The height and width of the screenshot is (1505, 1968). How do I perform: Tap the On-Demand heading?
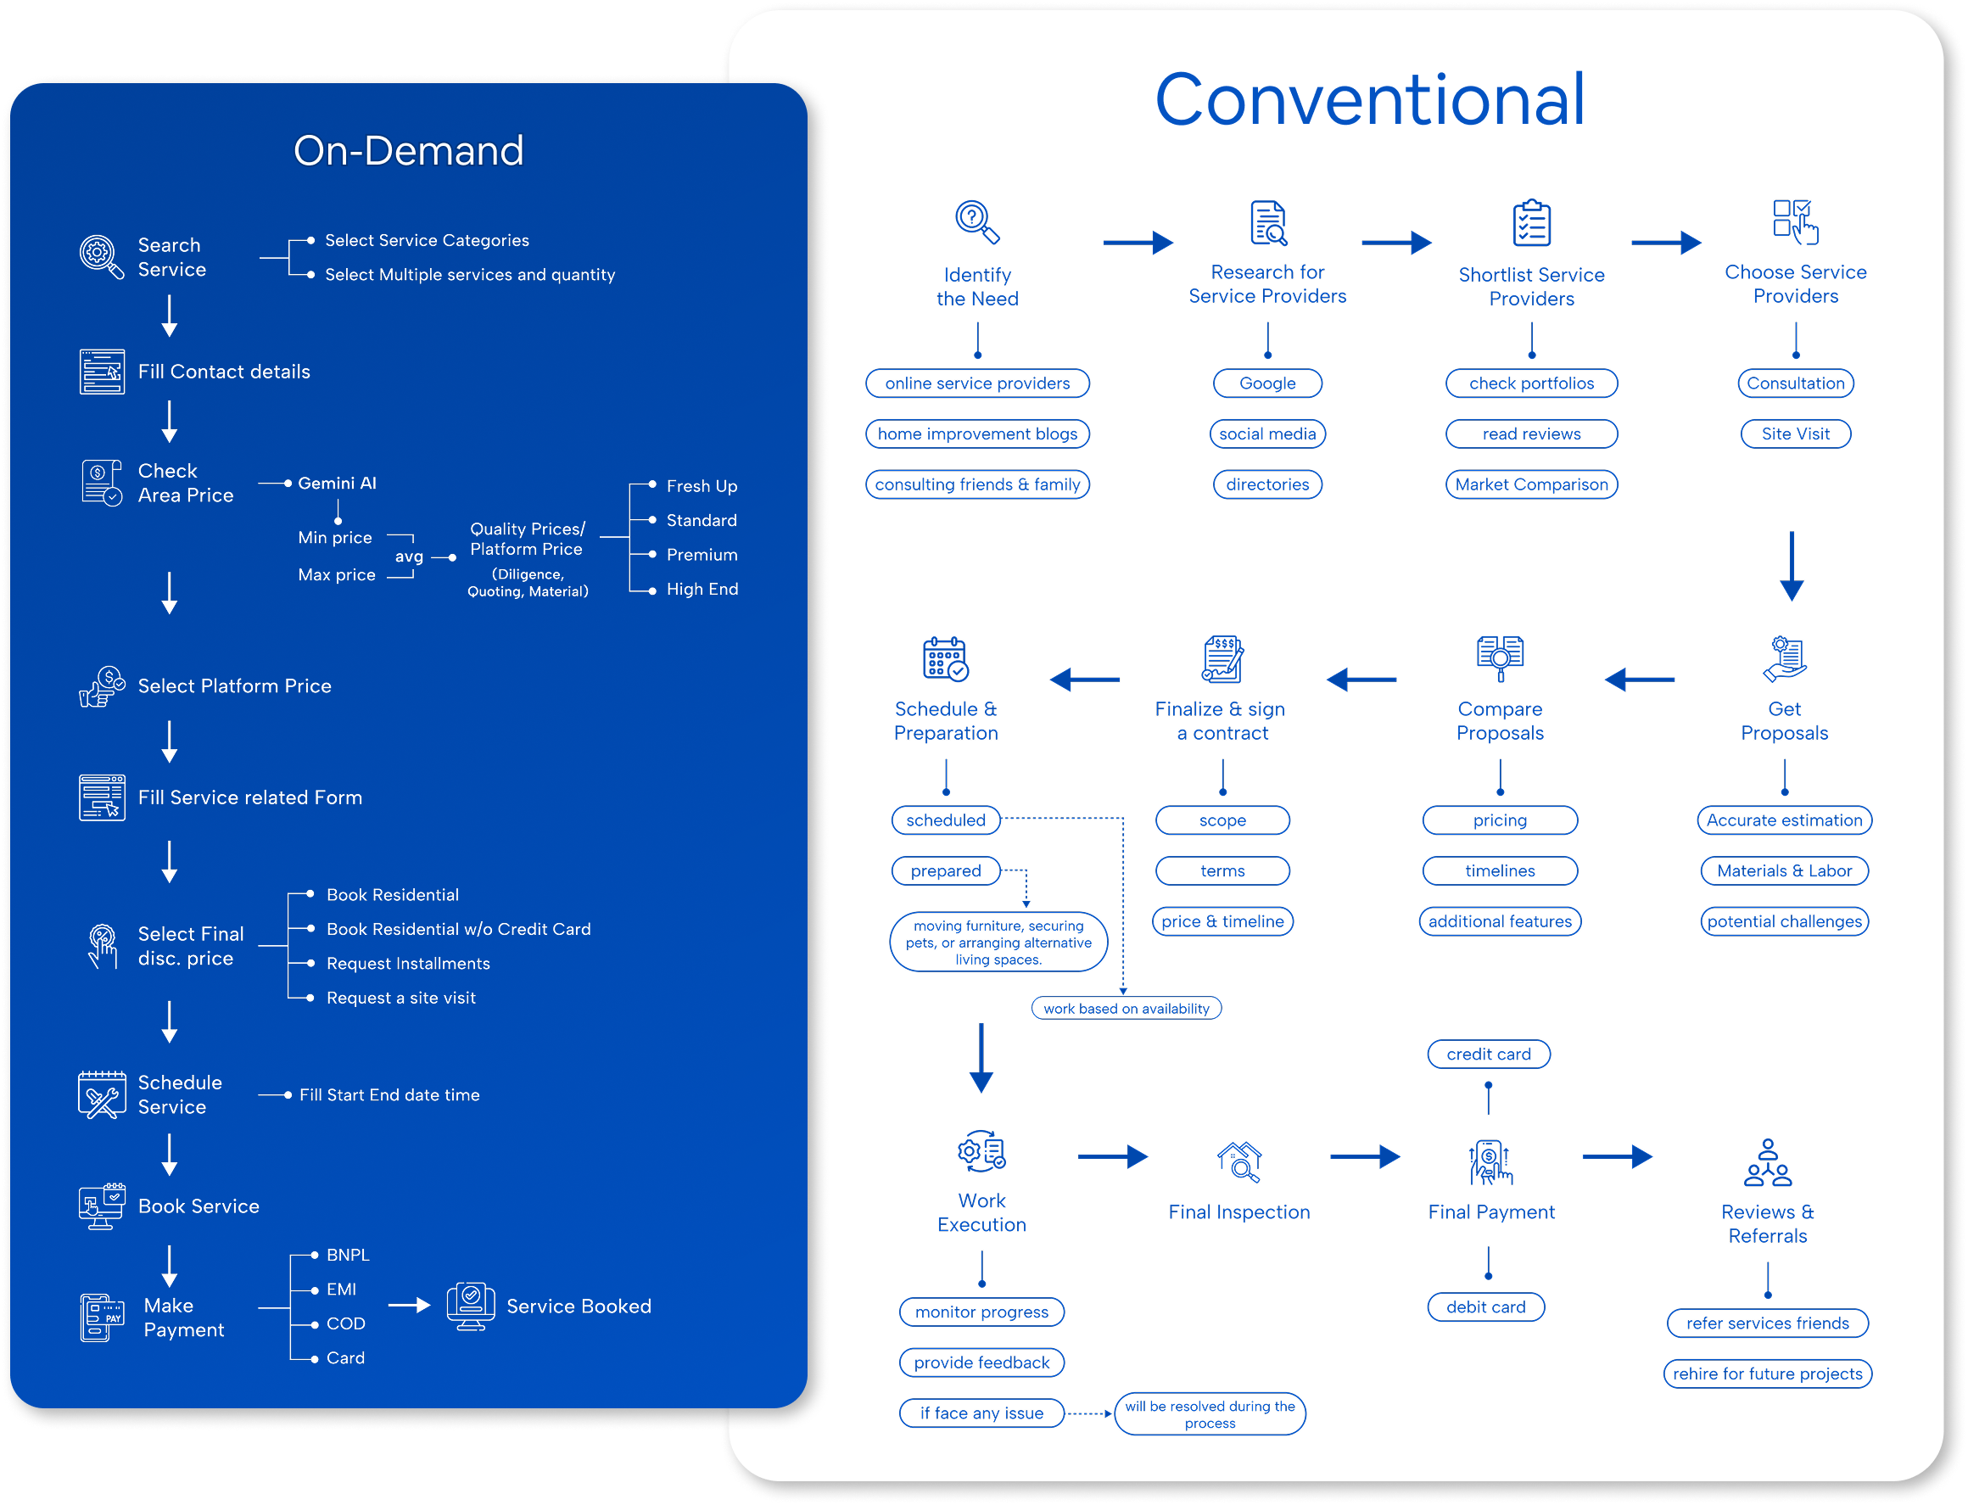(409, 150)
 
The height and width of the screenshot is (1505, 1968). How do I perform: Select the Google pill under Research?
(1266, 383)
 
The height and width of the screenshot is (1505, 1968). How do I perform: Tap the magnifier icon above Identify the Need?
(976, 221)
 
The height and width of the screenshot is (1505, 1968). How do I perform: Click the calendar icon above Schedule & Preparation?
(945, 658)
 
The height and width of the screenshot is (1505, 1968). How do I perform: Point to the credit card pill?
(1488, 1055)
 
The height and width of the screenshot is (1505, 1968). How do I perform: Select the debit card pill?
(1485, 1307)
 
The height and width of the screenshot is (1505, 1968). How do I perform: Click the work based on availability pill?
(1126, 1009)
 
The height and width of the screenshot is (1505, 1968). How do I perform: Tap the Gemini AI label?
(337, 483)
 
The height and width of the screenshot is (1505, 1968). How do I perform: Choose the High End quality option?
(702, 590)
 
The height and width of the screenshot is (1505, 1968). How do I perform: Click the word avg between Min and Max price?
(410, 557)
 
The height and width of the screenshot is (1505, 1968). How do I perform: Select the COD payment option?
(346, 1323)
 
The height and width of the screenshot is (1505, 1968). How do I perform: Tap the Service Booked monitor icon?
(470, 1306)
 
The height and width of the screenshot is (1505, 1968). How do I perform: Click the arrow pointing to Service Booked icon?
(410, 1306)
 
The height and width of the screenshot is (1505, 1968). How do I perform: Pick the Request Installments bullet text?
(409, 963)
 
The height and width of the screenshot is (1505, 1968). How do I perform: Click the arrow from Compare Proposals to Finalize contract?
(1361, 680)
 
